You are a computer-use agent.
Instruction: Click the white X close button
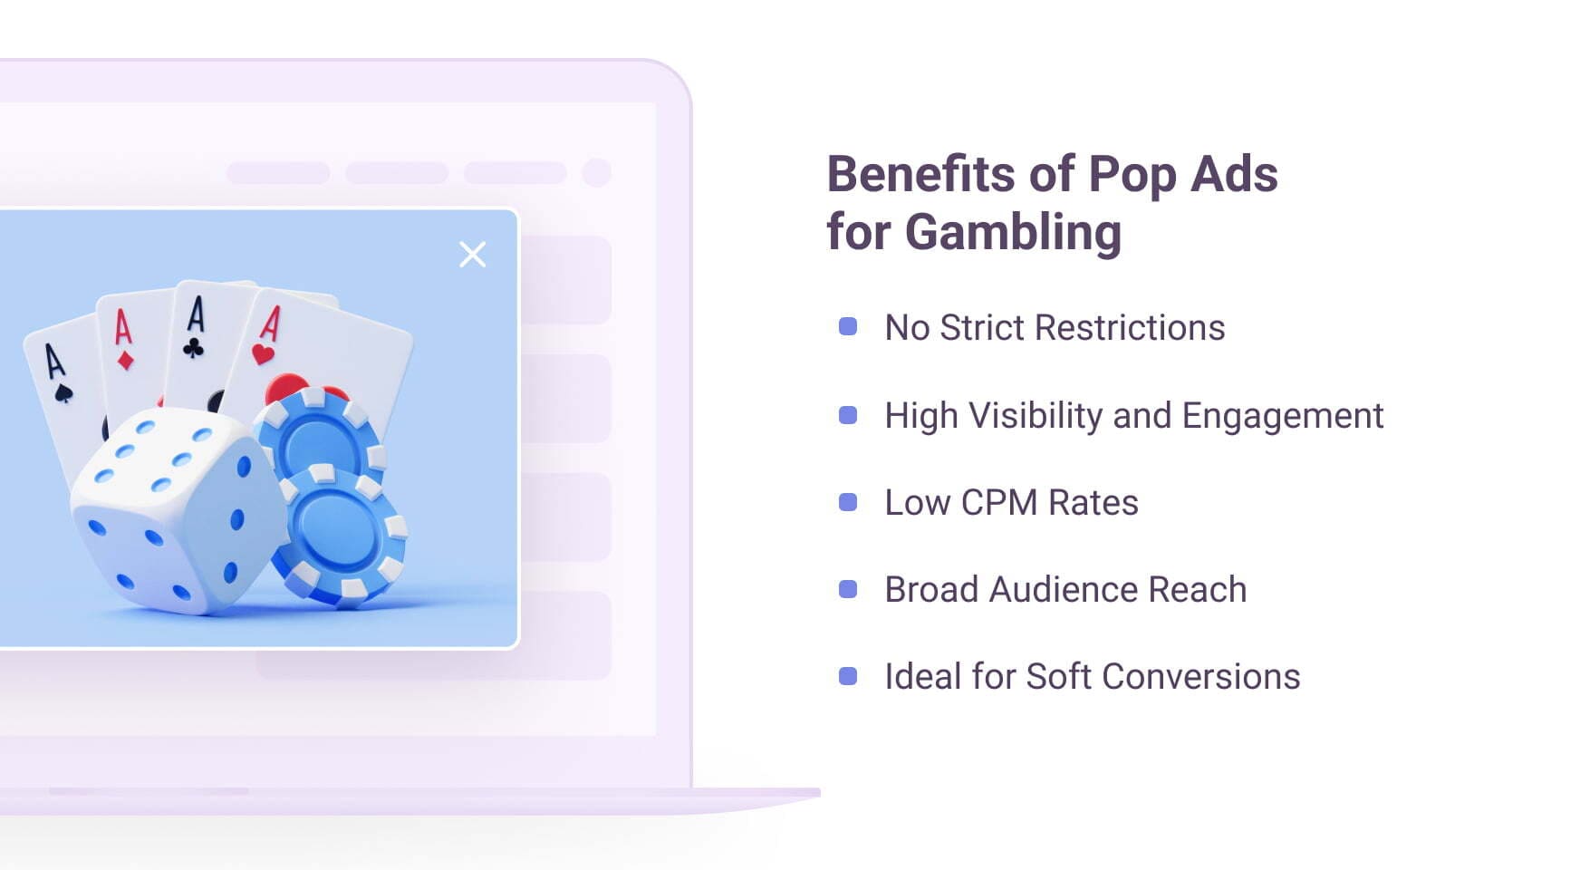click(x=472, y=255)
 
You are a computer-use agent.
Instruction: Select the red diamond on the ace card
click(x=126, y=361)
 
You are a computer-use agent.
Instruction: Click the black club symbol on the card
click(x=193, y=347)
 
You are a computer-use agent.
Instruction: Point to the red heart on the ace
click(x=263, y=353)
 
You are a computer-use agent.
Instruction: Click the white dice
click(x=172, y=512)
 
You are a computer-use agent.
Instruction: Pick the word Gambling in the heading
click(x=1013, y=232)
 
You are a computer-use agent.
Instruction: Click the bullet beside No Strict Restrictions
click(x=848, y=327)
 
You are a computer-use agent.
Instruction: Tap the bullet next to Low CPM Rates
click(x=848, y=502)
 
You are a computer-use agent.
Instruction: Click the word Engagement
click(x=1282, y=416)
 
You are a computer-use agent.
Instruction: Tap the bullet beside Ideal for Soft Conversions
click(x=848, y=677)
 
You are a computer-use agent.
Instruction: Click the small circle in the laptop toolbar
click(x=596, y=172)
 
